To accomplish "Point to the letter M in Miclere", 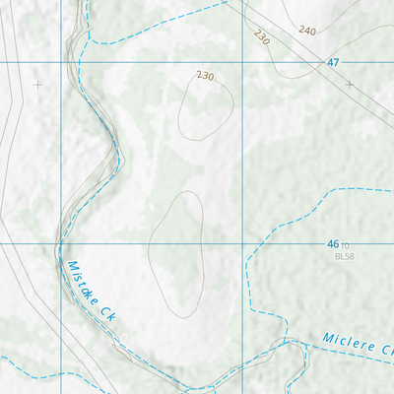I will pyautogui.click(x=328, y=339).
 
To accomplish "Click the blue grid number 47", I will pyautogui.click(x=333, y=62).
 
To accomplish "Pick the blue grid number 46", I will pyautogui.click(x=332, y=243).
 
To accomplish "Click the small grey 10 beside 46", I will pyautogui.click(x=346, y=244).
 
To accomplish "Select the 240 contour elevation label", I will pyautogui.click(x=306, y=31).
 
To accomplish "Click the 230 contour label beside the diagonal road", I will pyautogui.click(x=261, y=37).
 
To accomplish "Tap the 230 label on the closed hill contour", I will pyautogui.click(x=205, y=76).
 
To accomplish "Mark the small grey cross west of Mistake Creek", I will pyautogui.click(x=38, y=85).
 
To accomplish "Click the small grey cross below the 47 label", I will pyautogui.click(x=350, y=85).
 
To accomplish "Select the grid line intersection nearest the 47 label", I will pyautogui.click(x=243, y=62).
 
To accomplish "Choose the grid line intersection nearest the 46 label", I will pyautogui.click(x=243, y=242).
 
